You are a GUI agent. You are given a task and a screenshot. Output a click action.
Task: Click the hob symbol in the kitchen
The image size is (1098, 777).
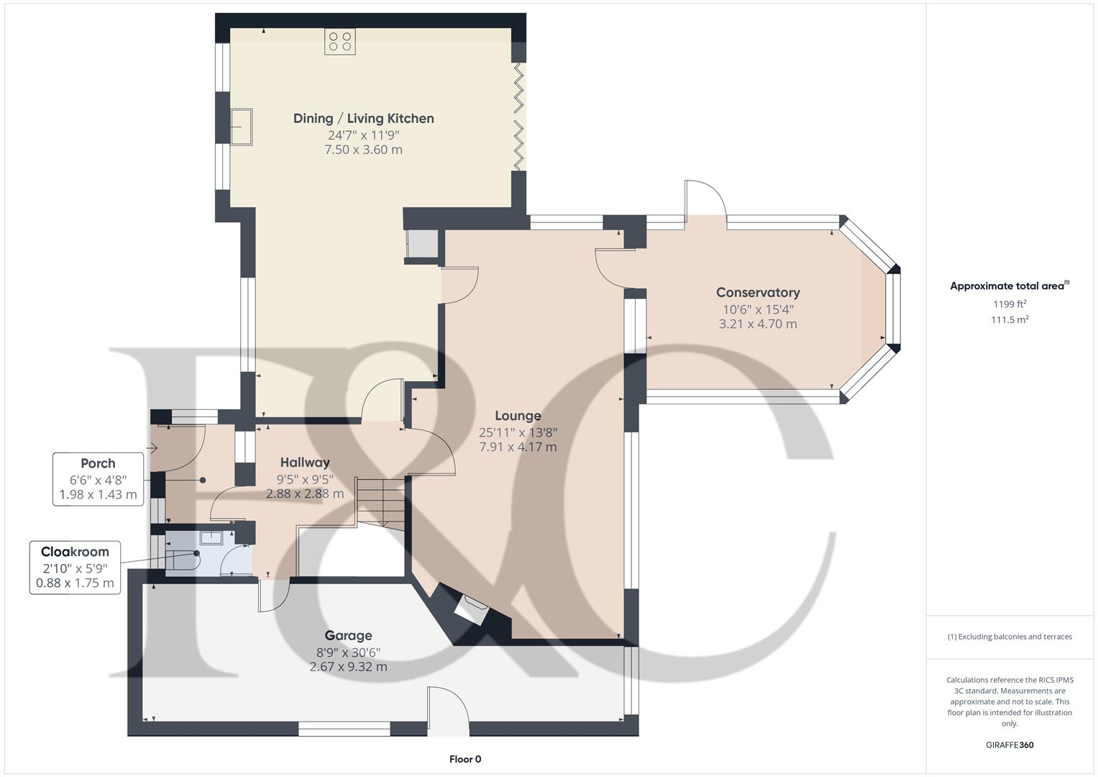coord(339,42)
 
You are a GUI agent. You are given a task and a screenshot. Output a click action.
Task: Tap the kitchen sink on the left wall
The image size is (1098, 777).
coord(241,127)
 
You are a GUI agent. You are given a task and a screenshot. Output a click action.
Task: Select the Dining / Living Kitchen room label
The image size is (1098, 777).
coord(363,119)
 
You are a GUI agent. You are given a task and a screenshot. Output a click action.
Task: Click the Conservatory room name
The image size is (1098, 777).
coord(758,293)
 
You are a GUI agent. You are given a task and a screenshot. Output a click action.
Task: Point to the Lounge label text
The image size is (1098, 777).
coord(518,416)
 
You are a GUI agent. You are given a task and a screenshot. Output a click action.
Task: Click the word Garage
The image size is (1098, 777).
coord(348,635)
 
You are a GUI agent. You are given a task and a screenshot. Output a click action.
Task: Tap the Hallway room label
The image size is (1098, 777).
coord(305,463)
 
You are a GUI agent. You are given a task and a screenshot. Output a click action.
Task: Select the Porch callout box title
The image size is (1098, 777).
coord(98,463)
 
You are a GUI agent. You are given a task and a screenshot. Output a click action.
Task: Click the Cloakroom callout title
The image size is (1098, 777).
coord(75,552)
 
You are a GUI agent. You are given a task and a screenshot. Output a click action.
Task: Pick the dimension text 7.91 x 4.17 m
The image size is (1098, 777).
coord(518,447)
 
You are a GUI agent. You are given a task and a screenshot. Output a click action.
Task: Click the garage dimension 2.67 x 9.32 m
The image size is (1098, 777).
coord(348,667)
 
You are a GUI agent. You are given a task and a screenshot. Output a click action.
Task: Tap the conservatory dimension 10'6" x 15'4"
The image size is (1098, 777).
coord(758,309)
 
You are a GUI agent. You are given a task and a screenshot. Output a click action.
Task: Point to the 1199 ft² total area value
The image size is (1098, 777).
coord(1010,304)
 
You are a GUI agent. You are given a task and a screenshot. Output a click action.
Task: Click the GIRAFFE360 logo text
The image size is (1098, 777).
coord(1010,745)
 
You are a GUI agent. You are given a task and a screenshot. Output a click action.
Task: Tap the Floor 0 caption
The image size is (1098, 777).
coord(465,759)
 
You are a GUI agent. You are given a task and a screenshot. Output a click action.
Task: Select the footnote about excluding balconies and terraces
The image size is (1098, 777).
coord(1010,637)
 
